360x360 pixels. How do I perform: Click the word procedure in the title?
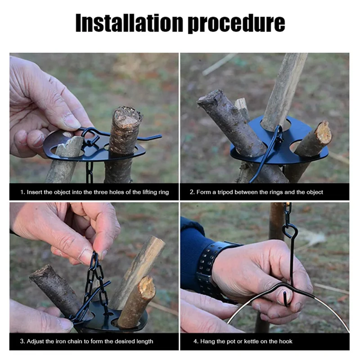pos(237,24)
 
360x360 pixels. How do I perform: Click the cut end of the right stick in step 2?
pos(324,132)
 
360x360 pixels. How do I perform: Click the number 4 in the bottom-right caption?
pos(195,342)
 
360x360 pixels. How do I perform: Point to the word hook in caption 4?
pos(286,342)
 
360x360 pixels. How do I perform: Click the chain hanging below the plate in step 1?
pos(90,172)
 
